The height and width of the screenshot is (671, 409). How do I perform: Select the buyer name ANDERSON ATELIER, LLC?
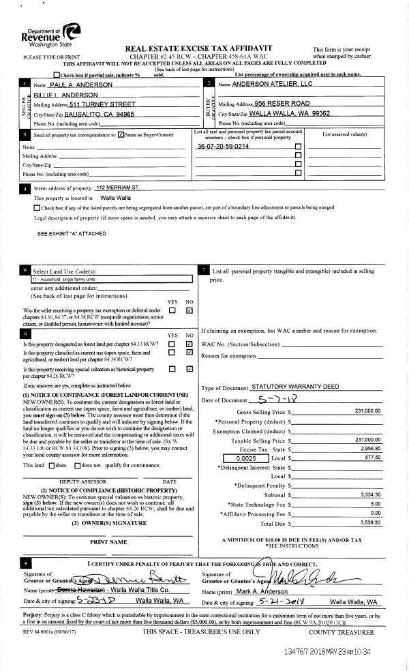tap(272, 84)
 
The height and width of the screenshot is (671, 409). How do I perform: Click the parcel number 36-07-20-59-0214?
tap(223, 147)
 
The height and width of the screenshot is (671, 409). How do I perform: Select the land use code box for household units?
tap(112, 279)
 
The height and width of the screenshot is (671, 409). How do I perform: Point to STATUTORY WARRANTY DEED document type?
tap(295, 387)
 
